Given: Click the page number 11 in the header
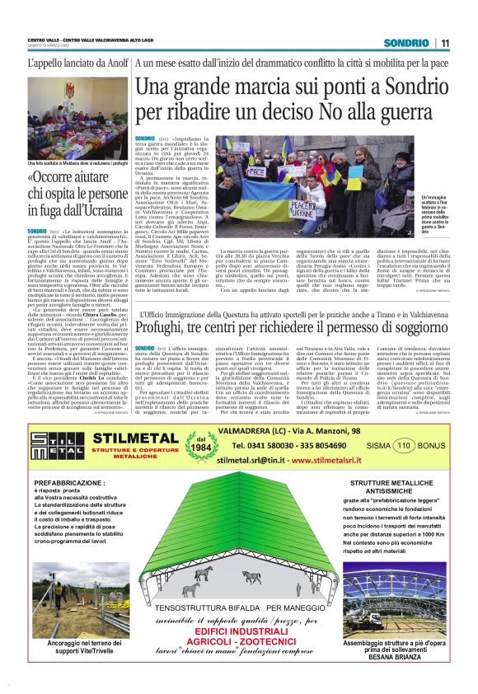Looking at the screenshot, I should [445, 43].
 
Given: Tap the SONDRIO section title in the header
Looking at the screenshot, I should [406, 43].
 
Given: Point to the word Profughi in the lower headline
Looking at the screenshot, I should [164, 330].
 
